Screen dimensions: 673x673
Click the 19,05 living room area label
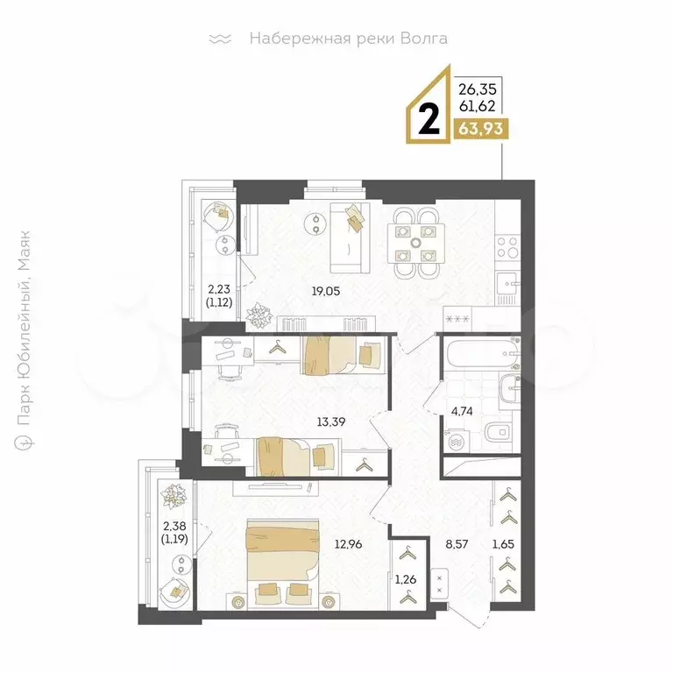click(326, 292)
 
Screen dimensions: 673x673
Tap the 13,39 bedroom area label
click(331, 422)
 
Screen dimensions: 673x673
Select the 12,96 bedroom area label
click(348, 544)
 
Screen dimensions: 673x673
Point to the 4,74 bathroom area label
click(462, 411)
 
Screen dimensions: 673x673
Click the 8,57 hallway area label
click(457, 544)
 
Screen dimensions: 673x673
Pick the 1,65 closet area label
click(503, 544)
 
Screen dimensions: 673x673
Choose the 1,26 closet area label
click(406, 579)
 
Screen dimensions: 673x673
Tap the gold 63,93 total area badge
click(481, 128)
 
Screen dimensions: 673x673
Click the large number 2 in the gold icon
click(429, 121)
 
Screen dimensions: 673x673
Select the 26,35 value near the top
click(478, 89)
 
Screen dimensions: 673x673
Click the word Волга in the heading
click(423, 39)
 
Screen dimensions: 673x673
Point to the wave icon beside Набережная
click(220, 39)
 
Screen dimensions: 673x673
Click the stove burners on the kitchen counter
click(507, 247)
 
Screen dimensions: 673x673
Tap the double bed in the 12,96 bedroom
click(283, 563)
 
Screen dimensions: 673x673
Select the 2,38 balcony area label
click(174, 531)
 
